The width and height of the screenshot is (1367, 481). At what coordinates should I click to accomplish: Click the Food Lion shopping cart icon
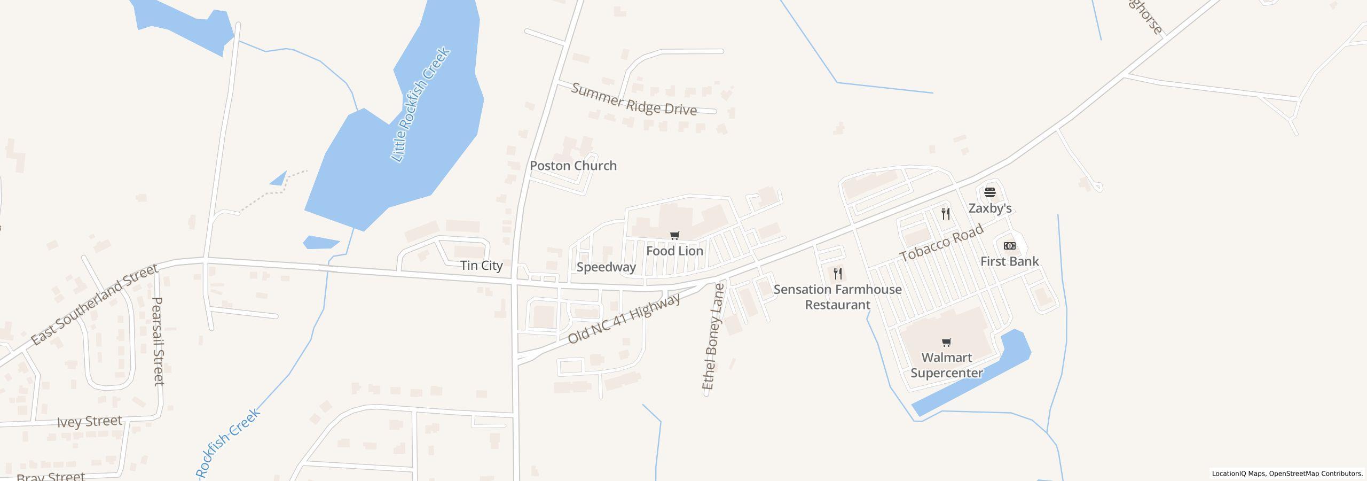point(675,235)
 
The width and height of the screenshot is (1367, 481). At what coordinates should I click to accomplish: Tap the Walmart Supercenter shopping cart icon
point(946,342)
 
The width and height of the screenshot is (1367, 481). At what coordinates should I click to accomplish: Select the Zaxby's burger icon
point(990,192)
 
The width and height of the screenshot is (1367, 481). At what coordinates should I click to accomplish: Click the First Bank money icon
point(1009,246)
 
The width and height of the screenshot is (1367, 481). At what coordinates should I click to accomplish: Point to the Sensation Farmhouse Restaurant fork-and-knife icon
point(838,274)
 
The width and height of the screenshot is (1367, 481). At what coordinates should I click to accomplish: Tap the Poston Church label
point(573,166)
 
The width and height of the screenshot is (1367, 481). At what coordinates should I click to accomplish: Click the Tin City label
point(481,266)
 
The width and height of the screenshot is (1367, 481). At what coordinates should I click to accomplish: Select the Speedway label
point(606,267)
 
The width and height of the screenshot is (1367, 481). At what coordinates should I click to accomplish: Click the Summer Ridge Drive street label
point(634,99)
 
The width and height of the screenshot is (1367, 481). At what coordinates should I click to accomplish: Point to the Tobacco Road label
point(941,243)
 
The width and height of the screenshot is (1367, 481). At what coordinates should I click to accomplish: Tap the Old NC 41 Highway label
point(624,319)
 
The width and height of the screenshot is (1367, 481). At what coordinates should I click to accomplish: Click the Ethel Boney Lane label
point(713,337)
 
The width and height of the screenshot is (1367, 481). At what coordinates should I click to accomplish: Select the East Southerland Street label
point(95,304)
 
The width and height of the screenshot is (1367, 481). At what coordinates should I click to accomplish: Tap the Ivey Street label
point(90,422)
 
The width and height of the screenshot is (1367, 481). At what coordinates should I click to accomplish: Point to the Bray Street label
point(51,476)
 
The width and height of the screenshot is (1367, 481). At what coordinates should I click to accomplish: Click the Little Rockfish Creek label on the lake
point(421,105)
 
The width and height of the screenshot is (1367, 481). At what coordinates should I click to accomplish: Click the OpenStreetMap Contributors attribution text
point(1315,474)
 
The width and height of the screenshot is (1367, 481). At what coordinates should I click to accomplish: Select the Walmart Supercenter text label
point(946,365)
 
